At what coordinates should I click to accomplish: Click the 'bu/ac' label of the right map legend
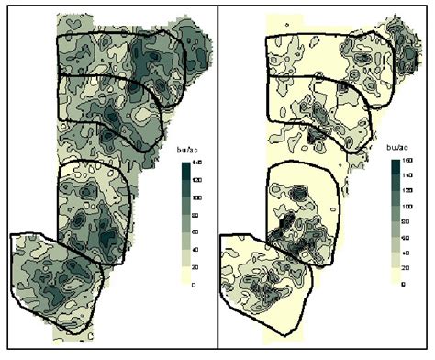(398, 147)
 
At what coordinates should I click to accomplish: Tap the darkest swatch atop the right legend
(396, 166)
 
